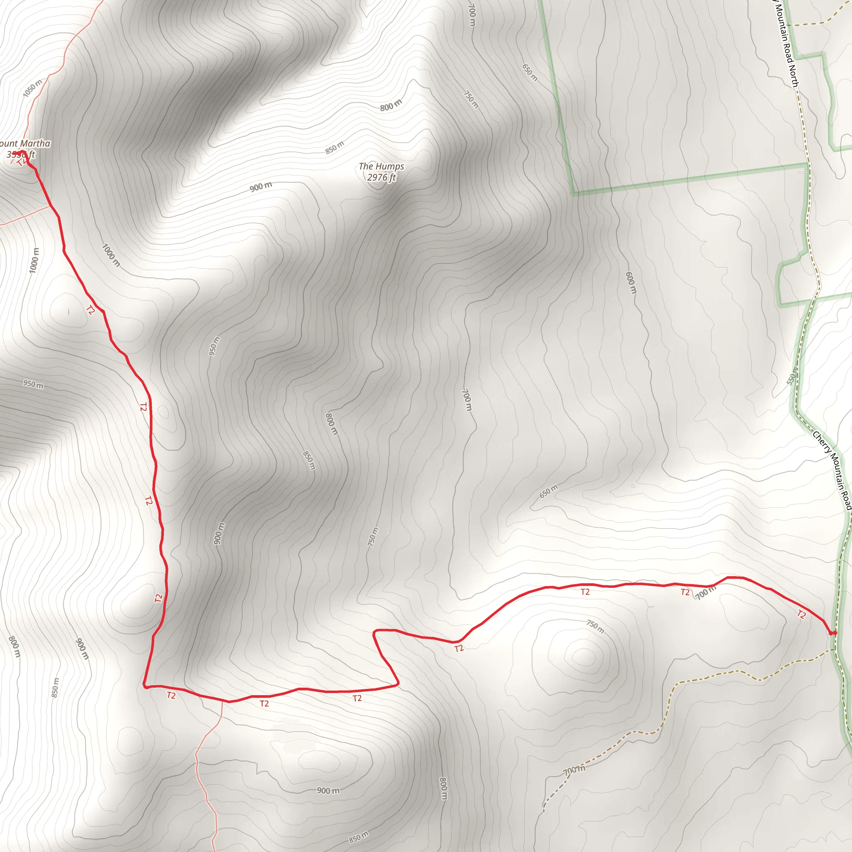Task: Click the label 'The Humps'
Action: pyautogui.click(x=381, y=166)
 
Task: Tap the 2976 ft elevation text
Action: pyautogui.click(x=381, y=177)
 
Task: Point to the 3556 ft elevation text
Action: pyautogui.click(x=20, y=154)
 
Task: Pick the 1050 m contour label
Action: pyautogui.click(x=32, y=88)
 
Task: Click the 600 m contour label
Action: pyautogui.click(x=631, y=282)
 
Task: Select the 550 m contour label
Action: pyautogui.click(x=792, y=376)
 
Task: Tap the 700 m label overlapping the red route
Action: pyautogui.click(x=706, y=593)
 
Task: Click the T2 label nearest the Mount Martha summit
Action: pyautogui.click(x=90, y=310)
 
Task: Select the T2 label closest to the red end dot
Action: pyautogui.click(x=801, y=614)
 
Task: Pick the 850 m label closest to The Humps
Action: pyautogui.click(x=334, y=148)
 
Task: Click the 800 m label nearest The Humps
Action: pyautogui.click(x=391, y=105)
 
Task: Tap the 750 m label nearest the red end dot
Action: pyautogui.click(x=595, y=626)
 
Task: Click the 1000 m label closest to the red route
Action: pyautogui.click(x=111, y=255)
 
